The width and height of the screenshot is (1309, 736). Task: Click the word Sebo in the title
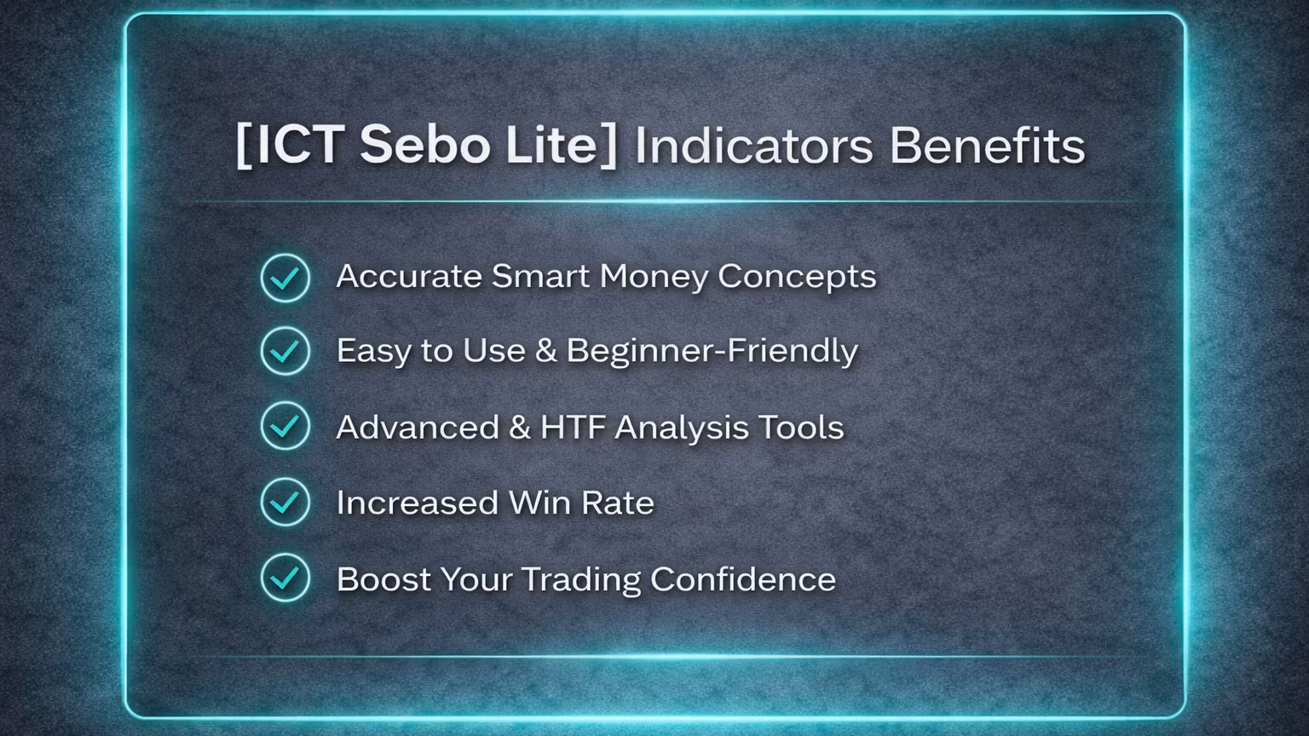click(x=425, y=145)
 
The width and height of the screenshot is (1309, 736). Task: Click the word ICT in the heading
click(x=299, y=145)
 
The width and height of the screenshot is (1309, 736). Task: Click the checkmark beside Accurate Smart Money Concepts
click(x=285, y=278)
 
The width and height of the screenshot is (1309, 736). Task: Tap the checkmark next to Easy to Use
click(x=285, y=351)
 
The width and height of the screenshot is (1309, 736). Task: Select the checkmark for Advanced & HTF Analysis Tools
click(x=285, y=426)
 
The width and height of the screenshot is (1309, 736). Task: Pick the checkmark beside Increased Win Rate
click(x=285, y=502)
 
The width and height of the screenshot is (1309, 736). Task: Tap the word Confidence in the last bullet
click(x=743, y=579)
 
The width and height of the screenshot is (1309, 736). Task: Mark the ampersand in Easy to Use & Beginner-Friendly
click(x=545, y=351)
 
